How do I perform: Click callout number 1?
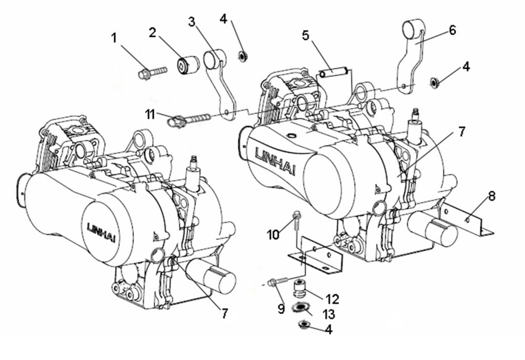click(114, 38)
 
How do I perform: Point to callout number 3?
click(192, 22)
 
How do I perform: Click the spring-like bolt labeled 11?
click(189, 119)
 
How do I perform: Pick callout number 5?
click(306, 35)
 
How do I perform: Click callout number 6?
click(452, 30)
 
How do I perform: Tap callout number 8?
click(491, 196)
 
